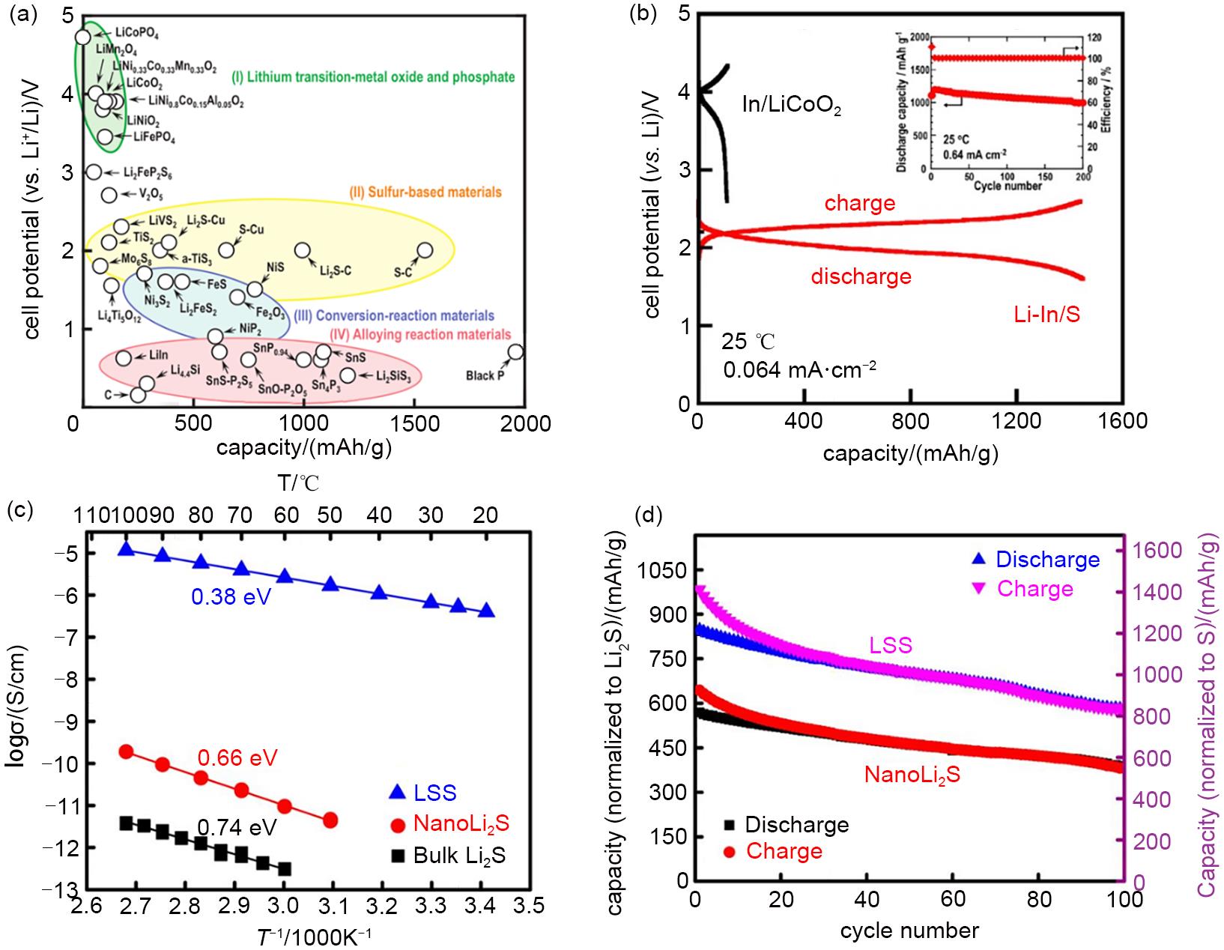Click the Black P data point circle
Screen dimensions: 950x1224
point(515,352)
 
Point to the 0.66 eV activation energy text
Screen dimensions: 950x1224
point(237,758)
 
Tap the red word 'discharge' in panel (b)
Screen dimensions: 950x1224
point(861,277)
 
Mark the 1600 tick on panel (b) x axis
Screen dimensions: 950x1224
point(1121,421)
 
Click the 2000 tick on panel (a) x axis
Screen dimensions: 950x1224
point(525,424)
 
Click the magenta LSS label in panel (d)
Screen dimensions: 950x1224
point(891,645)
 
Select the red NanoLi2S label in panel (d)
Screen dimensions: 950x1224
point(912,774)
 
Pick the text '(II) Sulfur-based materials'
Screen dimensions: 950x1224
point(425,192)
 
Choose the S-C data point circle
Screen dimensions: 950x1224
point(425,250)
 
